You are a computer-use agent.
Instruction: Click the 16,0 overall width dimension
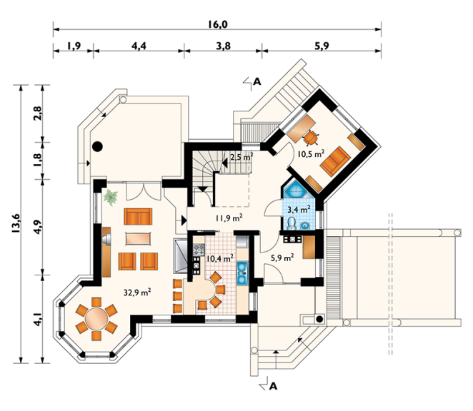(x=217, y=24)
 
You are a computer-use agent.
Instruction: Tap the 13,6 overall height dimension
(x=16, y=223)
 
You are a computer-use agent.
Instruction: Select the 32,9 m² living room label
(x=137, y=292)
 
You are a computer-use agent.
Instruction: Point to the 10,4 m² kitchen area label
(x=219, y=258)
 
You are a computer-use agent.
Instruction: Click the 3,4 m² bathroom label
(x=299, y=209)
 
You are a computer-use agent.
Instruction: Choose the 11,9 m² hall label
(x=229, y=218)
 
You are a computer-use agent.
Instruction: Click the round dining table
(x=96, y=318)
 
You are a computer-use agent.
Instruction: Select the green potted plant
(x=111, y=198)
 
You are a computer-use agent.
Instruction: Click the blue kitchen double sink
(x=242, y=273)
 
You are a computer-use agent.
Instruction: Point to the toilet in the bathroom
(x=292, y=223)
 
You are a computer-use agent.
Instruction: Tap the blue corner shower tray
(x=296, y=190)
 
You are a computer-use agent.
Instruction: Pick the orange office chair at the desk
(x=311, y=138)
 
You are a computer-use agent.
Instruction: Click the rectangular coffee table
(x=138, y=238)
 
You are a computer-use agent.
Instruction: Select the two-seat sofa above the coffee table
(x=138, y=216)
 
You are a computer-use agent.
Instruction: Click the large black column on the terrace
(x=97, y=147)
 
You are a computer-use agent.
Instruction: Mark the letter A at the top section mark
(x=257, y=81)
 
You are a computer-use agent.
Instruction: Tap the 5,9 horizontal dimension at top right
(x=322, y=46)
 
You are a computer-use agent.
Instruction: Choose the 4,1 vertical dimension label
(x=38, y=319)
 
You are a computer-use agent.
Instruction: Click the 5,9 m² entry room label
(x=282, y=258)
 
